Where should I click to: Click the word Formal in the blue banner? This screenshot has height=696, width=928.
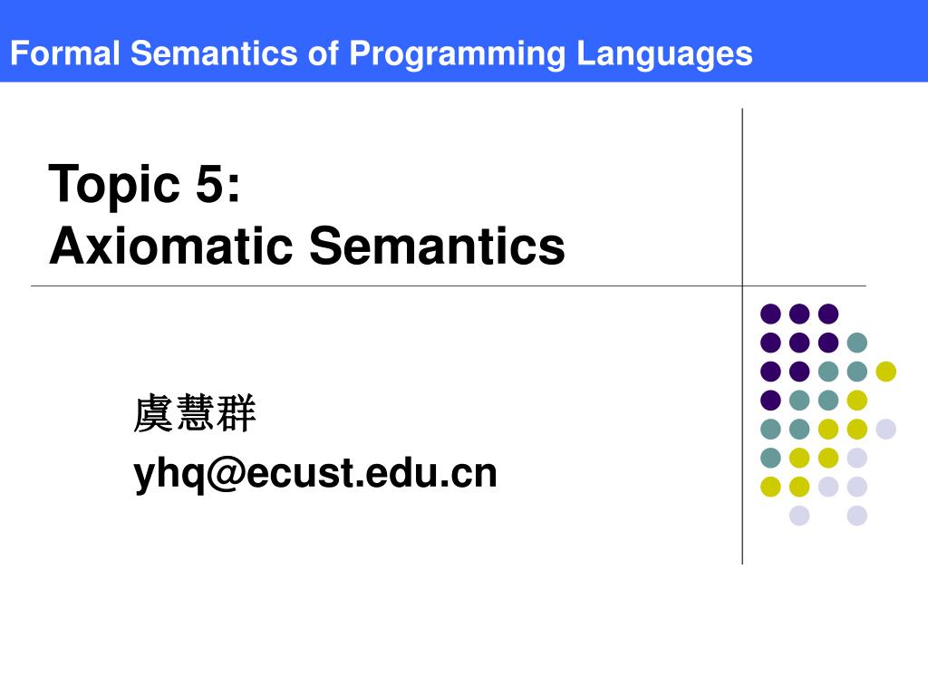[x=64, y=53]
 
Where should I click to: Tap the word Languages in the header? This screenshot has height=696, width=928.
[x=665, y=53]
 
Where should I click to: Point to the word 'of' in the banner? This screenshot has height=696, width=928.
[x=322, y=53]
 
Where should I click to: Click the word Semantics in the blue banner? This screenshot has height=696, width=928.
[x=215, y=53]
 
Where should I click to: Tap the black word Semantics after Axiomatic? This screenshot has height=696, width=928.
[x=437, y=246]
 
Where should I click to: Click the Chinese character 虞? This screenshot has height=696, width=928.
[x=154, y=414]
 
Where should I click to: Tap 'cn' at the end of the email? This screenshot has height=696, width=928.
[x=477, y=473]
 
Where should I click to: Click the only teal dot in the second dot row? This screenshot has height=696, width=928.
[x=856, y=343]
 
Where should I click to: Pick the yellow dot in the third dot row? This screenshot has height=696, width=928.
[x=885, y=372]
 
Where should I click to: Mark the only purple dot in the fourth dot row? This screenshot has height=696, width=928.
[x=770, y=400]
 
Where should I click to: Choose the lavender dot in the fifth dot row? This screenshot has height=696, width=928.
[x=885, y=429]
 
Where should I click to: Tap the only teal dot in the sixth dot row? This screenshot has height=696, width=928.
[x=770, y=458]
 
